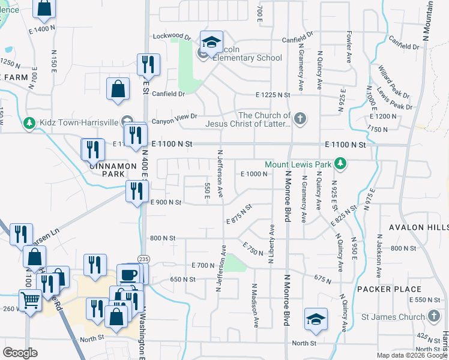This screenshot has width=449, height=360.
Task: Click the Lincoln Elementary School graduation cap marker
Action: click(x=211, y=42)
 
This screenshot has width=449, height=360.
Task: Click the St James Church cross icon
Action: click(x=434, y=316)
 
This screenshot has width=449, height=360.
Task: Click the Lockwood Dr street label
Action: click(x=171, y=37)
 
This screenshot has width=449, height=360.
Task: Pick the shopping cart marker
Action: click(x=30, y=299)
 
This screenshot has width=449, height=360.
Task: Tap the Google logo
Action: click(x=20, y=353)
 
